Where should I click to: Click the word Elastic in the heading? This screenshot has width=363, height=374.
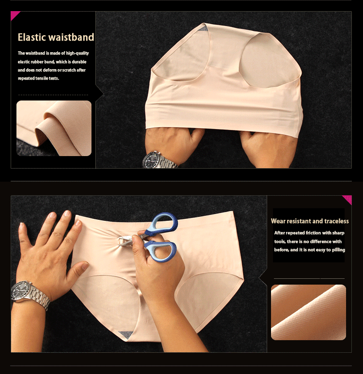[31, 37]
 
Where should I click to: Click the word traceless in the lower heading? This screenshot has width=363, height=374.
[336, 221]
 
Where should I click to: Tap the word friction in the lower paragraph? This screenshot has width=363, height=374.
[313, 233]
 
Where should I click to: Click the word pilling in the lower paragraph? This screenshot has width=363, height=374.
[338, 250]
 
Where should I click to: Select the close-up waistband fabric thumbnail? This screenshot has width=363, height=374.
[54, 129]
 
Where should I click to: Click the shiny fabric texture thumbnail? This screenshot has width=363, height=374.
[308, 312]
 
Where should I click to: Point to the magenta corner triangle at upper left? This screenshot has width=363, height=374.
[15, 15]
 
